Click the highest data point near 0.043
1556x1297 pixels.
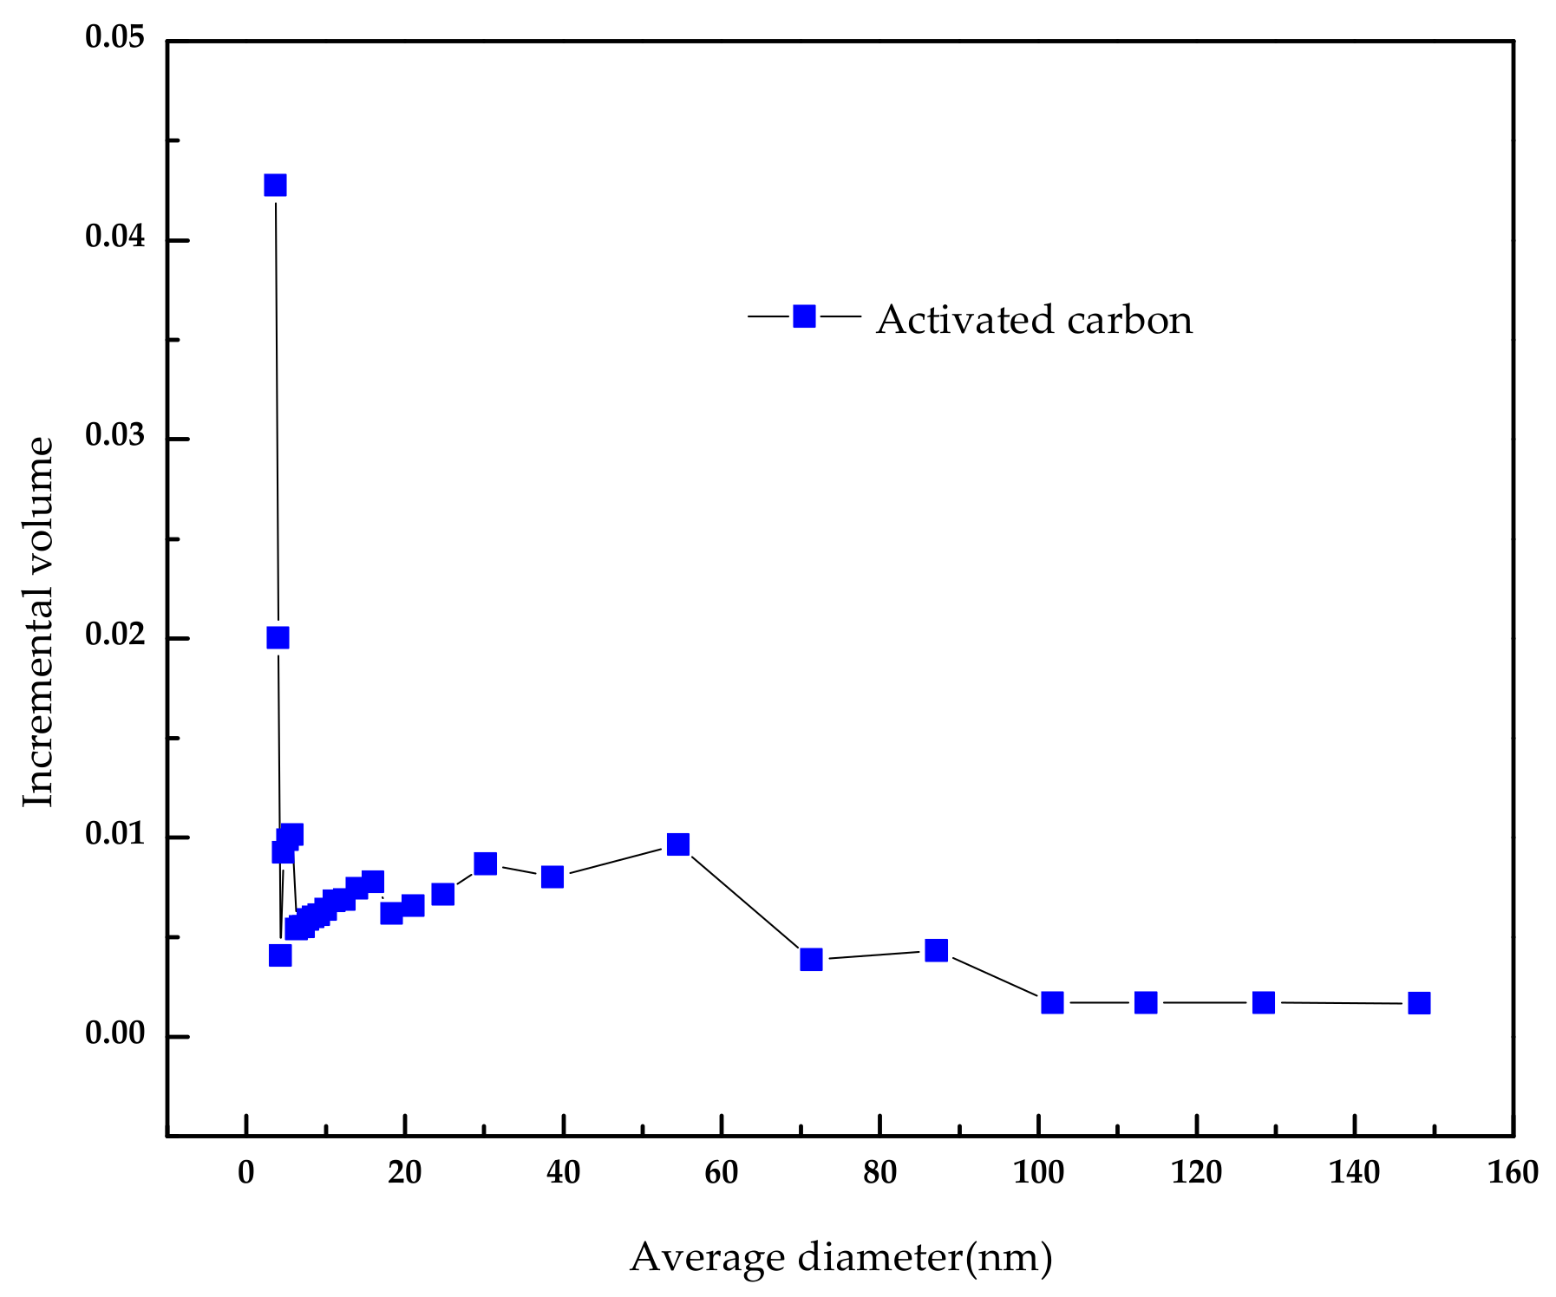(x=275, y=185)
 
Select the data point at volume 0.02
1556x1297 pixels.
(x=278, y=638)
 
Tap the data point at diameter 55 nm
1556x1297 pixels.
(x=678, y=844)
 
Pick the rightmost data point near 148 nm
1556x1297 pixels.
(x=1419, y=1003)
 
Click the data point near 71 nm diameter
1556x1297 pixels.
(x=811, y=959)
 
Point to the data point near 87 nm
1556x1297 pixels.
(x=936, y=950)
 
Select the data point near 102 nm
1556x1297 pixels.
(x=1052, y=1002)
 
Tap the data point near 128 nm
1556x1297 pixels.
(x=1264, y=1002)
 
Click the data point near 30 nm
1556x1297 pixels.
(x=485, y=864)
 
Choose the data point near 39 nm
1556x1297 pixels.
(x=552, y=877)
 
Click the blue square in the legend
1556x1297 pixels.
(x=804, y=316)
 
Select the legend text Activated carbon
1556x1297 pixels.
(x=1034, y=320)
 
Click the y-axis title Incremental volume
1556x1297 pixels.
(x=38, y=622)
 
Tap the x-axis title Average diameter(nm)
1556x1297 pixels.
(x=840, y=1257)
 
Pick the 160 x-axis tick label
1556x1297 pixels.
(x=1513, y=1174)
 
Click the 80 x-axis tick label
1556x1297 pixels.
(x=879, y=1174)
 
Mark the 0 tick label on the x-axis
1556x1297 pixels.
(x=246, y=1174)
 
